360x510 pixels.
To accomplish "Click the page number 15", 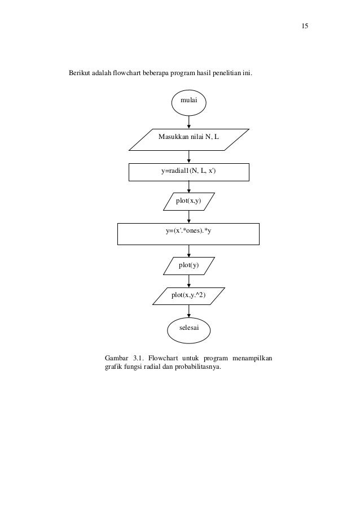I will point(304,27).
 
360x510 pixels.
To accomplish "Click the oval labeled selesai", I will point(188,328).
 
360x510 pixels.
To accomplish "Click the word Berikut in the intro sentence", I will point(80,73).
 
